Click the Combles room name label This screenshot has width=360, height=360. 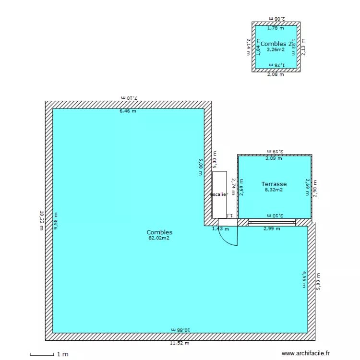tap(159, 232)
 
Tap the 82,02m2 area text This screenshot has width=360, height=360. tap(159, 238)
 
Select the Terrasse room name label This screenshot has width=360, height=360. tap(274, 184)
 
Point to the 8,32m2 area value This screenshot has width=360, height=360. tap(274, 190)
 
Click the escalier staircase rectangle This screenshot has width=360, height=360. tap(219, 194)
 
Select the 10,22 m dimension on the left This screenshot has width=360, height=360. tap(42, 220)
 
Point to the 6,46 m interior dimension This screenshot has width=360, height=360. tap(128, 111)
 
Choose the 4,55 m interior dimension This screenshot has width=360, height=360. tap(304, 279)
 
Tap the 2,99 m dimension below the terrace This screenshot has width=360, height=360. tap(272, 229)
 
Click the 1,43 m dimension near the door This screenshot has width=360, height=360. tap(220, 229)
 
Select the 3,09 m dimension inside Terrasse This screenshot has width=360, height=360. tap(274, 158)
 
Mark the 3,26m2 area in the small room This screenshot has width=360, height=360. tap(276, 49)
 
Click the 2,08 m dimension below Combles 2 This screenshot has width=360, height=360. tap(276, 74)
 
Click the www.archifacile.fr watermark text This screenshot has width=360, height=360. tap(306, 353)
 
